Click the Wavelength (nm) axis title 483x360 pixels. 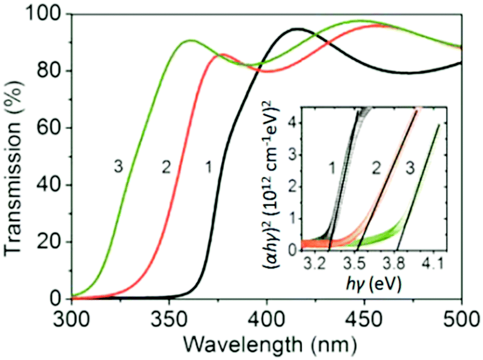pyautogui.click(x=267, y=343)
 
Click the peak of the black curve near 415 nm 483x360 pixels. pyautogui.click(x=298, y=29)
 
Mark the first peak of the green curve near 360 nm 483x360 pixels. pyautogui.click(x=191, y=40)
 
